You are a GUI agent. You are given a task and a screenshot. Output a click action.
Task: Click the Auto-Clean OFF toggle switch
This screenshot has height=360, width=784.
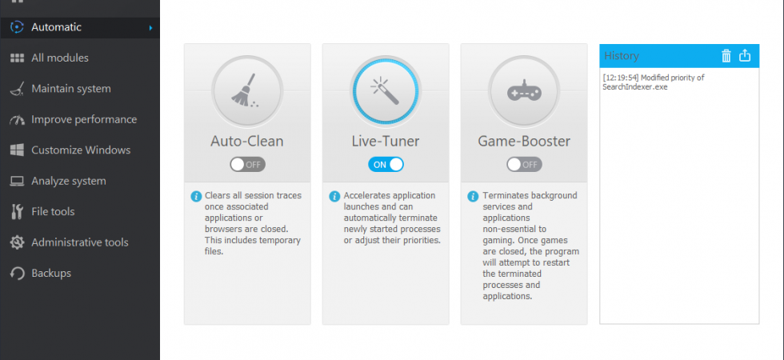pyautogui.click(x=247, y=165)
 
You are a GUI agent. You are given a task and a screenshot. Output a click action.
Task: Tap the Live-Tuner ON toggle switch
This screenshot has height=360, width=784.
pyautogui.click(x=386, y=165)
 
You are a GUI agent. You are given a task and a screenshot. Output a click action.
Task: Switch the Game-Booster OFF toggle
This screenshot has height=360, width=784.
pyautogui.click(x=524, y=165)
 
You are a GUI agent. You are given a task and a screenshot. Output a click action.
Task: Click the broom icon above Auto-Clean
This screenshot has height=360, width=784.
pyautogui.click(x=244, y=90)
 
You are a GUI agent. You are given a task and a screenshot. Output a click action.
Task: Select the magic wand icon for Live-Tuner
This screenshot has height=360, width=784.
pyautogui.click(x=385, y=90)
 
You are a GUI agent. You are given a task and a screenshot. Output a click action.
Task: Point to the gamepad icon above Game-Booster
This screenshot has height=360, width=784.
pyautogui.click(x=524, y=91)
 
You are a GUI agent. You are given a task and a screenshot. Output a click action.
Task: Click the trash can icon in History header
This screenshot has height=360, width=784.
pyautogui.click(x=726, y=55)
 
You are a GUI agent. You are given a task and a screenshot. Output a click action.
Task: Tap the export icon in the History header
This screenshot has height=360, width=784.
pyautogui.click(x=745, y=55)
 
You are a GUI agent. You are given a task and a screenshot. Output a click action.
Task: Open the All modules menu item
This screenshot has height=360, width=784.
pyautogui.click(x=59, y=58)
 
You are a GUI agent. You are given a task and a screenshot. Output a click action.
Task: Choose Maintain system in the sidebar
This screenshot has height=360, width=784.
pyautogui.click(x=71, y=89)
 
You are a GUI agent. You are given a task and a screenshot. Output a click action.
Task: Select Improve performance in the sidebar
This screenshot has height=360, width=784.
pyautogui.click(x=84, y=119)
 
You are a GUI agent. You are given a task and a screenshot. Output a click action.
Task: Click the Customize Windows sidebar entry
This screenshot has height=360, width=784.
pyautogui.click(x=81, y=150)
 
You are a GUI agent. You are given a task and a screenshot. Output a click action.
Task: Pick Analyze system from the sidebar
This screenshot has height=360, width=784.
pyautogui.click(x=69, y=181)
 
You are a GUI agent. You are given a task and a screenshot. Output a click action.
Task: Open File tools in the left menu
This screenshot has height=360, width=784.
pyautogui.click(x=53, y=211)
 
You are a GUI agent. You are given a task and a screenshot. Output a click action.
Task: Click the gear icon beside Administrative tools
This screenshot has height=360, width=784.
pyautogui.click(x=17, y=242)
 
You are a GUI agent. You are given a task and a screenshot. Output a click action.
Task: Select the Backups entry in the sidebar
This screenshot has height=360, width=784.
pyautogui.click(x=51, y=274)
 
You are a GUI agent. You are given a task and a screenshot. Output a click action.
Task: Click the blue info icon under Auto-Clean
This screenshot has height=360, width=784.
pyautogui.click(x=196, y=196)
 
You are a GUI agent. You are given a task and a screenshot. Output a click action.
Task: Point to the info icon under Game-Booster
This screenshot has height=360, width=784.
pyautogui.click(x=473, y=196)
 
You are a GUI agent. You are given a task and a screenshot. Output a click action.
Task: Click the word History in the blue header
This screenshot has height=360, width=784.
pyautogui.click(x=622, y=55)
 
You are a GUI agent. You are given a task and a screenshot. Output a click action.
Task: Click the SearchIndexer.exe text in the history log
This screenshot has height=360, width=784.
pyautogui.click(x=635, y=87)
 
